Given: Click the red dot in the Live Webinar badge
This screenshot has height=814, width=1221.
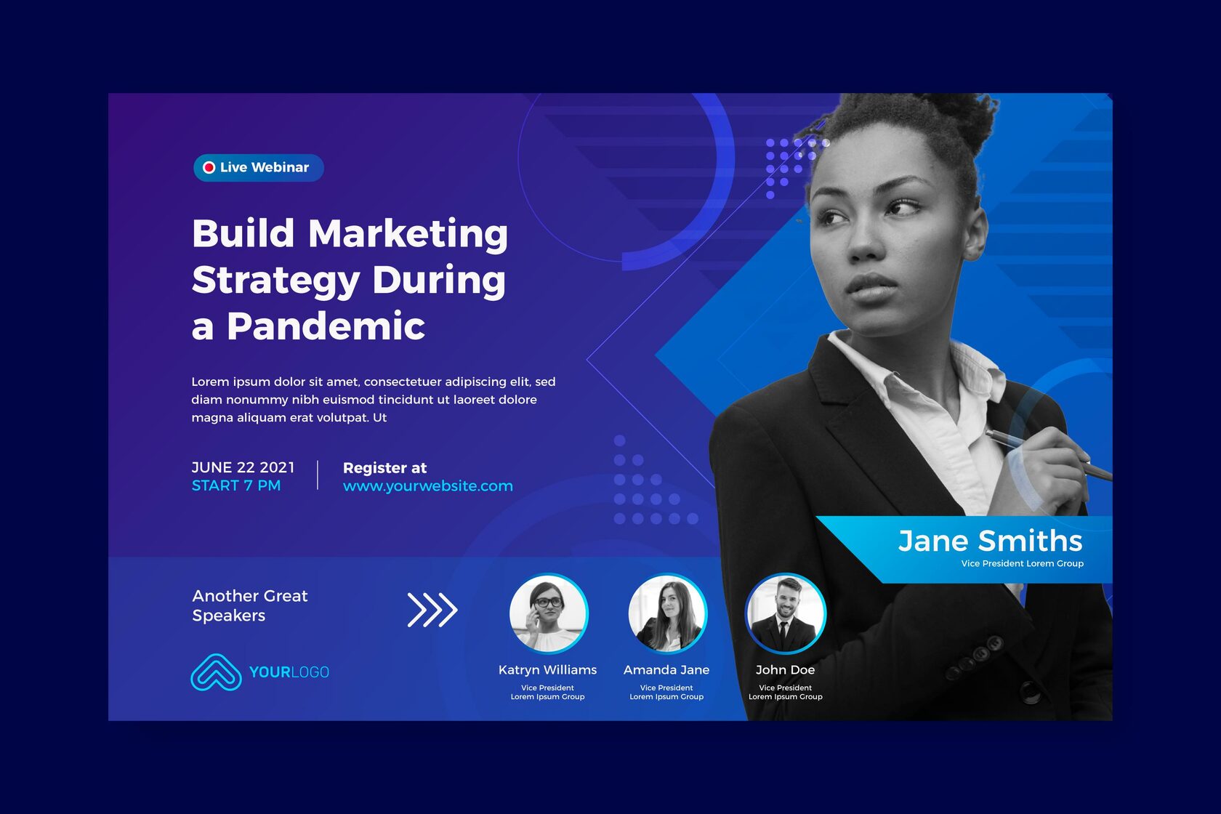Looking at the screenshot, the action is (209, 167).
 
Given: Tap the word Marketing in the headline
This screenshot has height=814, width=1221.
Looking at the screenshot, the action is (408, 233).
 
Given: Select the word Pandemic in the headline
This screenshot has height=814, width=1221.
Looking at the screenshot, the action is (326, 326).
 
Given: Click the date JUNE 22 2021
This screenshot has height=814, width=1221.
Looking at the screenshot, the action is (243, 467).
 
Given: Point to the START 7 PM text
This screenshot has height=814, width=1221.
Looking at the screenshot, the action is (236, 485).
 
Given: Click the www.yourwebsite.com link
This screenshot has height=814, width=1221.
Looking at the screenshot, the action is (428, 485).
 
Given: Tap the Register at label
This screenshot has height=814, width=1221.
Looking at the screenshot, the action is (385, 468).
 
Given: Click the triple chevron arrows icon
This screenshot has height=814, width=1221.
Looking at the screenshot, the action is (432, 610).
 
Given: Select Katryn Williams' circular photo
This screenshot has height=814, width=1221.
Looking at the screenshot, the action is (548, 613).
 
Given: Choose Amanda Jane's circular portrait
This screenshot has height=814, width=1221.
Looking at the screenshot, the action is (667, 613).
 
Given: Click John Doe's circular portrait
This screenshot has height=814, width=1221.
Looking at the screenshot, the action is (786, 613).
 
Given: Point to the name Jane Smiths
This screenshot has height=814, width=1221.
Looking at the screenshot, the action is (990, 541).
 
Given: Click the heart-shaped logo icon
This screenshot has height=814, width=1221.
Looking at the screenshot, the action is (216, 672).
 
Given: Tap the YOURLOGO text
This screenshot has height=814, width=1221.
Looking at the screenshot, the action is (289, 672).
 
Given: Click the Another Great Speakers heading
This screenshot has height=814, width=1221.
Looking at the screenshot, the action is (250, 605).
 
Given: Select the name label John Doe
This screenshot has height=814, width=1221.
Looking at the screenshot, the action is (785, 669).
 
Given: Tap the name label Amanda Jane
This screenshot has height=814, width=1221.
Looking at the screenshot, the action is (666, 669).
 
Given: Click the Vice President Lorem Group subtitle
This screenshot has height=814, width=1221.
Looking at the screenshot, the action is (1022, 563).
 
